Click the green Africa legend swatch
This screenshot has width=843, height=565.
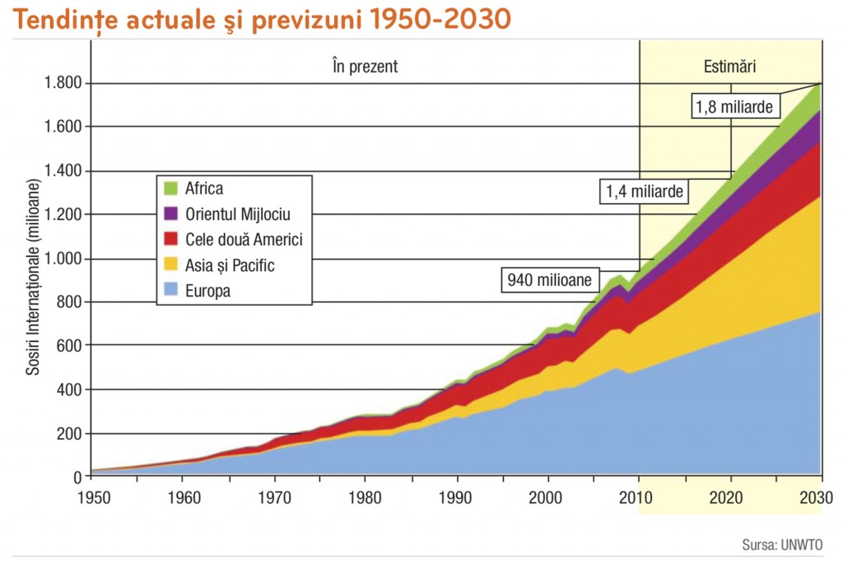[171, 189]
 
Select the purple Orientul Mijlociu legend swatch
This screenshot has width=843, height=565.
[171, 214]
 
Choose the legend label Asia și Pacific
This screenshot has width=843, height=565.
[230, 265]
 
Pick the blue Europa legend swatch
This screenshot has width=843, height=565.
[171, 291]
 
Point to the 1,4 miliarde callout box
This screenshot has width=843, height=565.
[645, 192]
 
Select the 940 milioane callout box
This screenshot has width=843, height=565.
[549, 280]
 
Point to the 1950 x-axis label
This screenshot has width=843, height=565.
[91, 497]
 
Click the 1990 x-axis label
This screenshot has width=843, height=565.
[456, 497]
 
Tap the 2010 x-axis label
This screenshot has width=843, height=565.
[638, 497]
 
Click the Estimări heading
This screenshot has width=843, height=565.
[729, 67]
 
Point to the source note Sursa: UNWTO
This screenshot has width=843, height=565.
[782, 544]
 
